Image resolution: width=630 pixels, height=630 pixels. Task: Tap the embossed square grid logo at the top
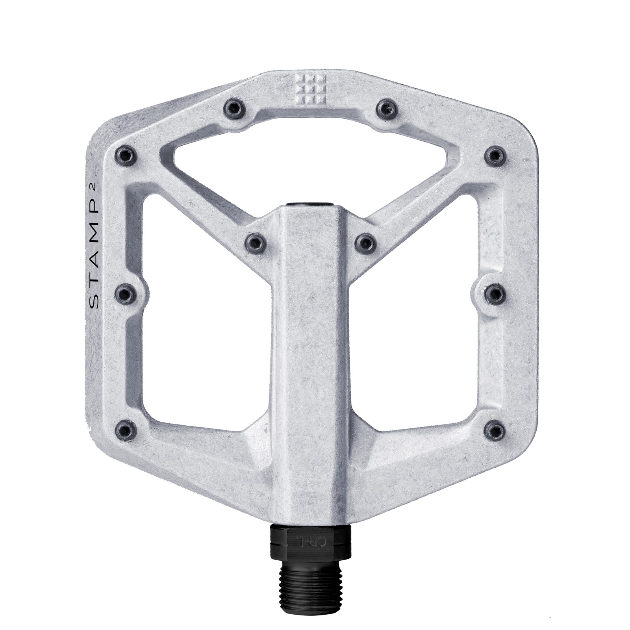[x=312, y=89]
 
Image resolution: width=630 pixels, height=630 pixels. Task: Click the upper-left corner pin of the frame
[x=126, y=154]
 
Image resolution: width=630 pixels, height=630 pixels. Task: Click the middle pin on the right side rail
[x=495, y=294]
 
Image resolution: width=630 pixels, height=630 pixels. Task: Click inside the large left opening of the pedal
[x=205, y=346]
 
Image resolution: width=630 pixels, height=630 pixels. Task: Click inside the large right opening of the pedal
[x=417, y=346]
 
